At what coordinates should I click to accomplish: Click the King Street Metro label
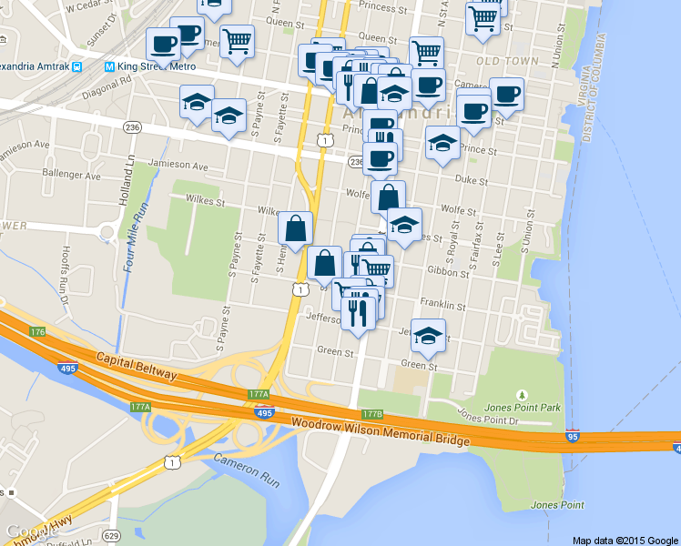(157, 66)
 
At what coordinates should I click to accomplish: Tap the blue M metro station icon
(109, 66)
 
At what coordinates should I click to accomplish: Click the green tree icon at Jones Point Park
(522, 394)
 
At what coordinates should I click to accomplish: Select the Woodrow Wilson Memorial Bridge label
(381, 433)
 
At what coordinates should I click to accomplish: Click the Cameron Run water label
(246, 469)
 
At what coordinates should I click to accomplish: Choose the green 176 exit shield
(37, 332)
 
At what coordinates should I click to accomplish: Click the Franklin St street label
(442, 302)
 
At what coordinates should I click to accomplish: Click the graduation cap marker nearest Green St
(429, 337)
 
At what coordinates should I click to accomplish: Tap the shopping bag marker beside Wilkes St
(296, 229)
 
